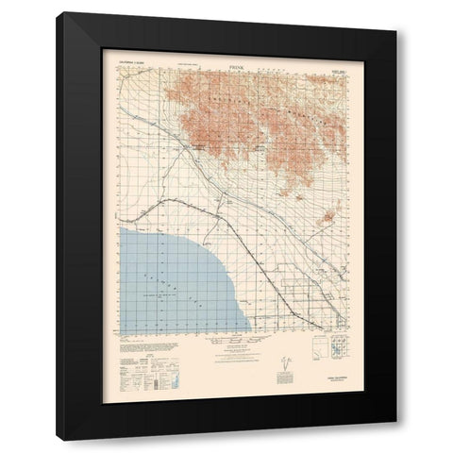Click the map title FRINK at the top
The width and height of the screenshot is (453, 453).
[x=226, y=58]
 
